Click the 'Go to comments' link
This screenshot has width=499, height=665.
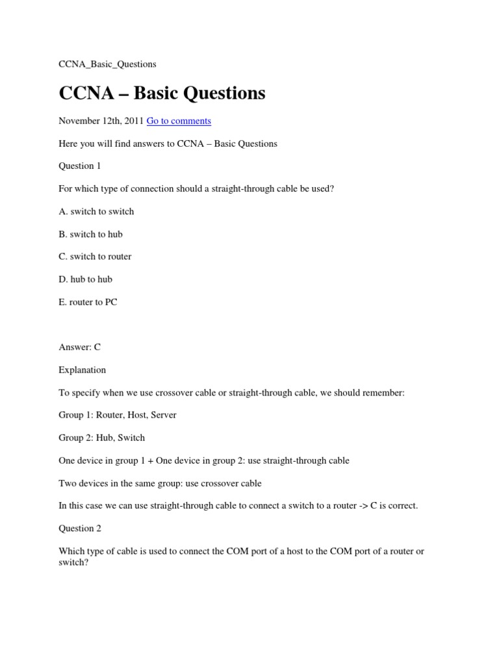(x=179, y=121)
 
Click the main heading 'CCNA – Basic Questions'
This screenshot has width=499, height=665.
(x=162, y=93)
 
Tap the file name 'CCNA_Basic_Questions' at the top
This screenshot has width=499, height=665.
(x=107, y=64)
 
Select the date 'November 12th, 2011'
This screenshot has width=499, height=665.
(x=101, y=121)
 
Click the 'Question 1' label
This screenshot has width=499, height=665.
(x=80, y=166)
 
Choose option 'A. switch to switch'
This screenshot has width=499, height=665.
(x=96, y=211)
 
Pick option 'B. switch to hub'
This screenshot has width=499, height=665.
(x=90, y=234)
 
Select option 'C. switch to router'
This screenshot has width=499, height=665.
(x=95, y=257)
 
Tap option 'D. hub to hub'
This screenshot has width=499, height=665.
(x=85, y=279)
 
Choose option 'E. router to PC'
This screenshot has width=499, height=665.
(x=88, y=302)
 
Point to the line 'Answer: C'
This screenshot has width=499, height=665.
(x=79, y=347)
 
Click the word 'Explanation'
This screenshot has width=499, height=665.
(x=82, y=370)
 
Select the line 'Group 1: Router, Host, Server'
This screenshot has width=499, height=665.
(x=118, y=415)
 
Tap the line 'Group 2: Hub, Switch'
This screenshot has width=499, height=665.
(x=101, y=438)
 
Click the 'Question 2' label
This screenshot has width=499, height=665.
(x=80, y=529)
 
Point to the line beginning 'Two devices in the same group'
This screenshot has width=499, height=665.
(x=160, y=483)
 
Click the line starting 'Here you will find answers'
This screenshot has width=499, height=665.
(x=168, y=144)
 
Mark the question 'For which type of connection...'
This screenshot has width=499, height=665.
(x=196, y=188)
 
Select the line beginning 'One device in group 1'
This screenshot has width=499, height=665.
(x=204, y=460)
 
